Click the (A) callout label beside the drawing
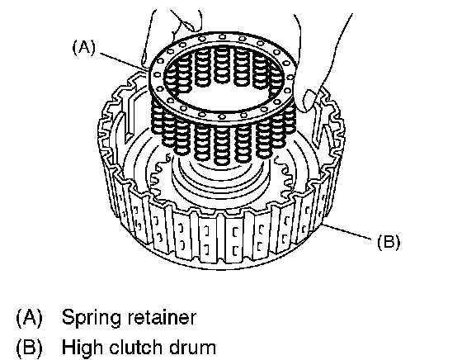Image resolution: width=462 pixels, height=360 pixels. tap(84, 48)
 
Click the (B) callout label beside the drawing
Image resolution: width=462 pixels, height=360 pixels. tap(389, 243)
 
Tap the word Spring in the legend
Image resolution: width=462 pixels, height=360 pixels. tap(92, 318)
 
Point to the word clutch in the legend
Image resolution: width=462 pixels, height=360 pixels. tap(136, 346)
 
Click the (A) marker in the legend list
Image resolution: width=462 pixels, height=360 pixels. tap(29, 318)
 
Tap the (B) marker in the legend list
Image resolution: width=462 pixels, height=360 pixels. tap(29, 347)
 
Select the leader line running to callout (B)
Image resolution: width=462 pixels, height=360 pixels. tap(347, 231)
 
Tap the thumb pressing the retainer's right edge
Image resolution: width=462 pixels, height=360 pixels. tap(308, 100)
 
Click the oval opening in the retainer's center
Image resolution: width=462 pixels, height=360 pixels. tap(224, 88)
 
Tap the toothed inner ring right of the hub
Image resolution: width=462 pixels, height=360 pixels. tap(285, 177)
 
